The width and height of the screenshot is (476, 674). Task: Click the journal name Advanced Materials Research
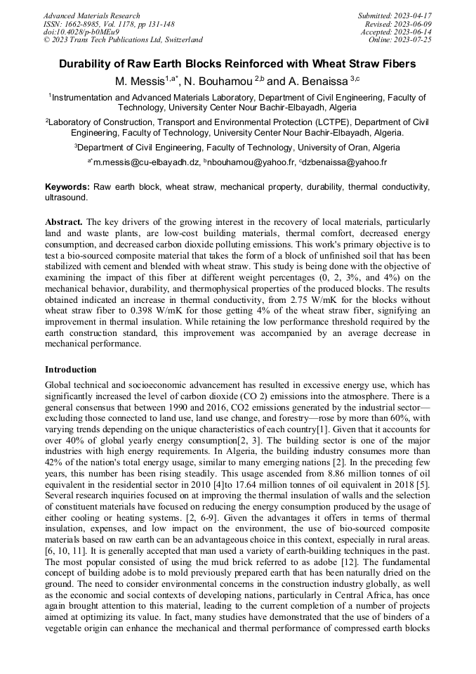[x=91, y=15]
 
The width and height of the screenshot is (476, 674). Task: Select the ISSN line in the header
[x=106, y=24]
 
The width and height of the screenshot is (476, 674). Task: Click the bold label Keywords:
[x=67, y=187]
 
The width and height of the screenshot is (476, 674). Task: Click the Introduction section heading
[x=71, y=369]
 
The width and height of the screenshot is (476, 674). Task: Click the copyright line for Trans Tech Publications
[x=123, y=40]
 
